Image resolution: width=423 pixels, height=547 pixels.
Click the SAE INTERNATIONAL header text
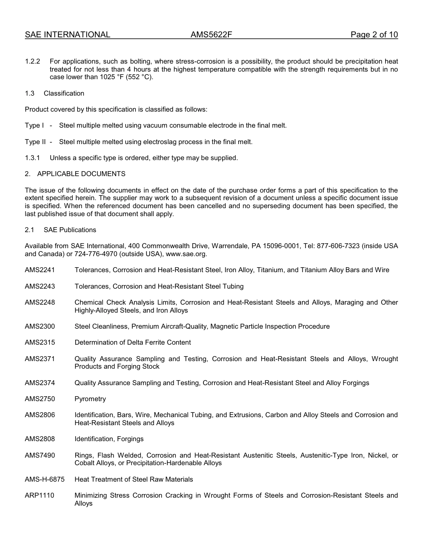[67, 35]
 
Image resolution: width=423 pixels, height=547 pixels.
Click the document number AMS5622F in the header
[211, 35]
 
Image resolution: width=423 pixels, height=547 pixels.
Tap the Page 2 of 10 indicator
[374, 35]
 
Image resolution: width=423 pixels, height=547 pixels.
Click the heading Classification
[64, 93]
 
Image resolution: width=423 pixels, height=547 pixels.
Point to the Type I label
[34, 125]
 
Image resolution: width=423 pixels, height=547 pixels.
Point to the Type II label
[35, 142]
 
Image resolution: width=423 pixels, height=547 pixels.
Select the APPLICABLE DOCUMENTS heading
[81, 174]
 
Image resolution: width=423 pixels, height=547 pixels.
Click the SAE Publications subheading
[69, 230]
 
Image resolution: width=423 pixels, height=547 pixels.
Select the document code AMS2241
[40, 270]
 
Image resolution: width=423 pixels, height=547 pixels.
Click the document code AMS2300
[40, 326]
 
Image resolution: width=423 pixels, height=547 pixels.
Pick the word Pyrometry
[90, 399]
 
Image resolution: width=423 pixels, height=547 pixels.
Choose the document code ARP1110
[40, 495]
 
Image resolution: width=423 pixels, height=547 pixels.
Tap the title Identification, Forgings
[109, 439]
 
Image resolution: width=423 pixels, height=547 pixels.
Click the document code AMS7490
[40, 455]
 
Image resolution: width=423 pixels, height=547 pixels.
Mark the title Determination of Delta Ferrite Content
[133, 342]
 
